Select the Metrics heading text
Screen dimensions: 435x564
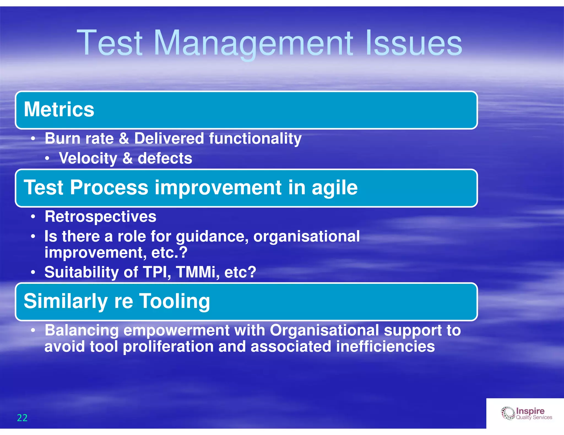coord(59,109)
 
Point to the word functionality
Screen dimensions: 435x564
coord(255,138)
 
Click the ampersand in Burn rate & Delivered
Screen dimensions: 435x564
coord(124,138)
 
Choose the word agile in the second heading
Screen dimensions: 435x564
coord(334,188)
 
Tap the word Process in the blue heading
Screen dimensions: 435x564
coord(109,188)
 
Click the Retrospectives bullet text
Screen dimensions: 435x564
coord(100,216)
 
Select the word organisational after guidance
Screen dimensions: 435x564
coord(306,236)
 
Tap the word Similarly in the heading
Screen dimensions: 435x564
coord(66,301)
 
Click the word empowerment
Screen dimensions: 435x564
coord(176,330)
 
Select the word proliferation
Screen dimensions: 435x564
coord(168,346)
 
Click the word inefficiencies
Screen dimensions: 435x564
coord(385,346)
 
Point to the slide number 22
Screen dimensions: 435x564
coord(22,418)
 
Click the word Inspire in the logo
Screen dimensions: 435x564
coord(530,411)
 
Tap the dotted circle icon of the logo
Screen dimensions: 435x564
coord(508,413)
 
